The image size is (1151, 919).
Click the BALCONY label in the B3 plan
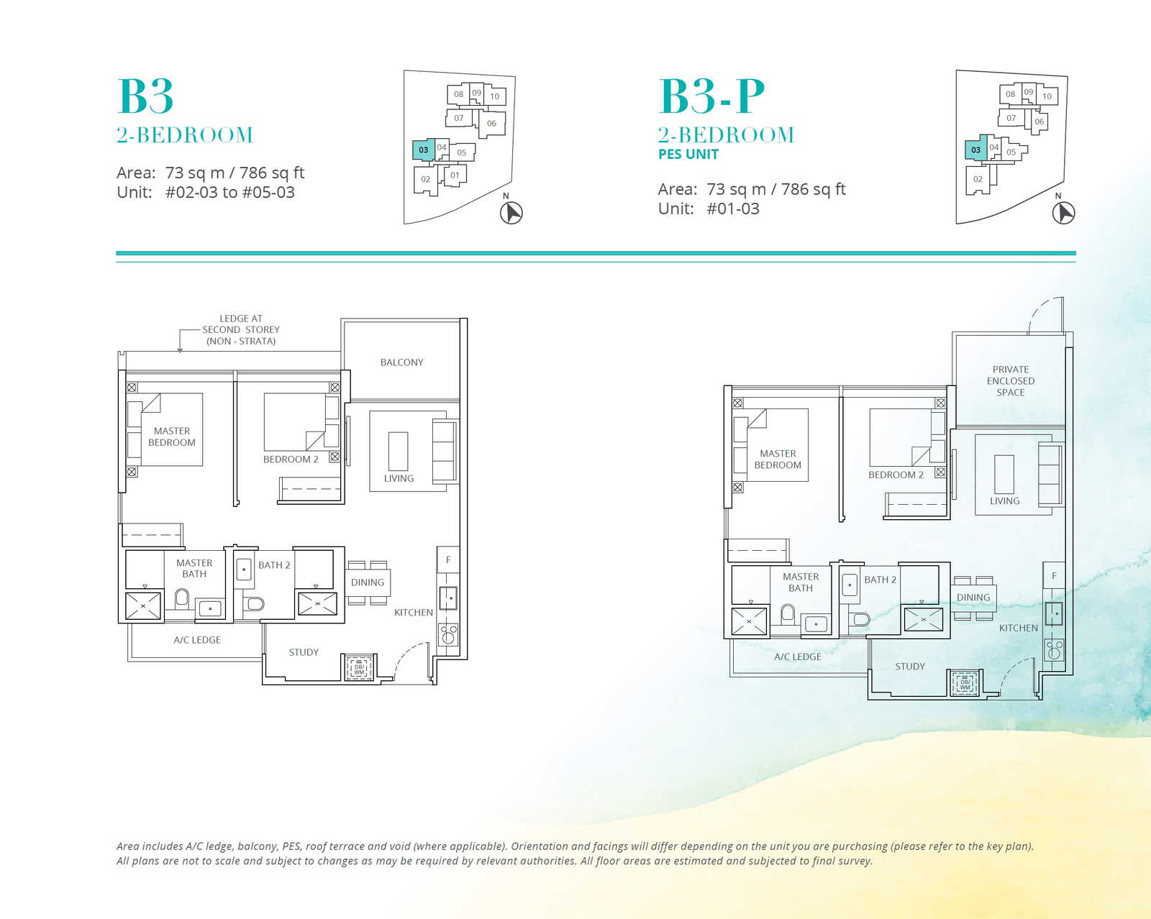coord(401,362)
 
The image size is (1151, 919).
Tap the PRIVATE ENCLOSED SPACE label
coord(1010,380)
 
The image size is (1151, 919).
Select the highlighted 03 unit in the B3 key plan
coord(423,150)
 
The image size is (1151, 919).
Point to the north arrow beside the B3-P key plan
coord(1063,213)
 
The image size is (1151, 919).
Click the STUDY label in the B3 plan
coord(304,652)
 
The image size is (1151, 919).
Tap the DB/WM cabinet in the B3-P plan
coord(965,682)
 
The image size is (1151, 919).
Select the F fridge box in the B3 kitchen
coord(448,559)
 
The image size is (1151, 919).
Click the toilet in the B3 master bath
coord(182,599)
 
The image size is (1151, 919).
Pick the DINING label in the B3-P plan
coord(973,597)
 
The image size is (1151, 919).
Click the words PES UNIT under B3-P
coord(688,155)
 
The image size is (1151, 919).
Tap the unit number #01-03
coord(733,209)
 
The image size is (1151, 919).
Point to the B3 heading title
coord(145,96)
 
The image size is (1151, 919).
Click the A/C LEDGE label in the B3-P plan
coord(798,657)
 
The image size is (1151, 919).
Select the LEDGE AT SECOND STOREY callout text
coord(241,330)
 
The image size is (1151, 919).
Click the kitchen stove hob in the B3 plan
coord(448,635)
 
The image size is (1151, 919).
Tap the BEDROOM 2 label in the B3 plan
coord(291,460)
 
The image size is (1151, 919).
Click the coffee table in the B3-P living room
coord(1004,474)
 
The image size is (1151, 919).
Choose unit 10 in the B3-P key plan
coord(1047,96)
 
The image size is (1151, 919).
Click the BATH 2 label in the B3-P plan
coord(881,580)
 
